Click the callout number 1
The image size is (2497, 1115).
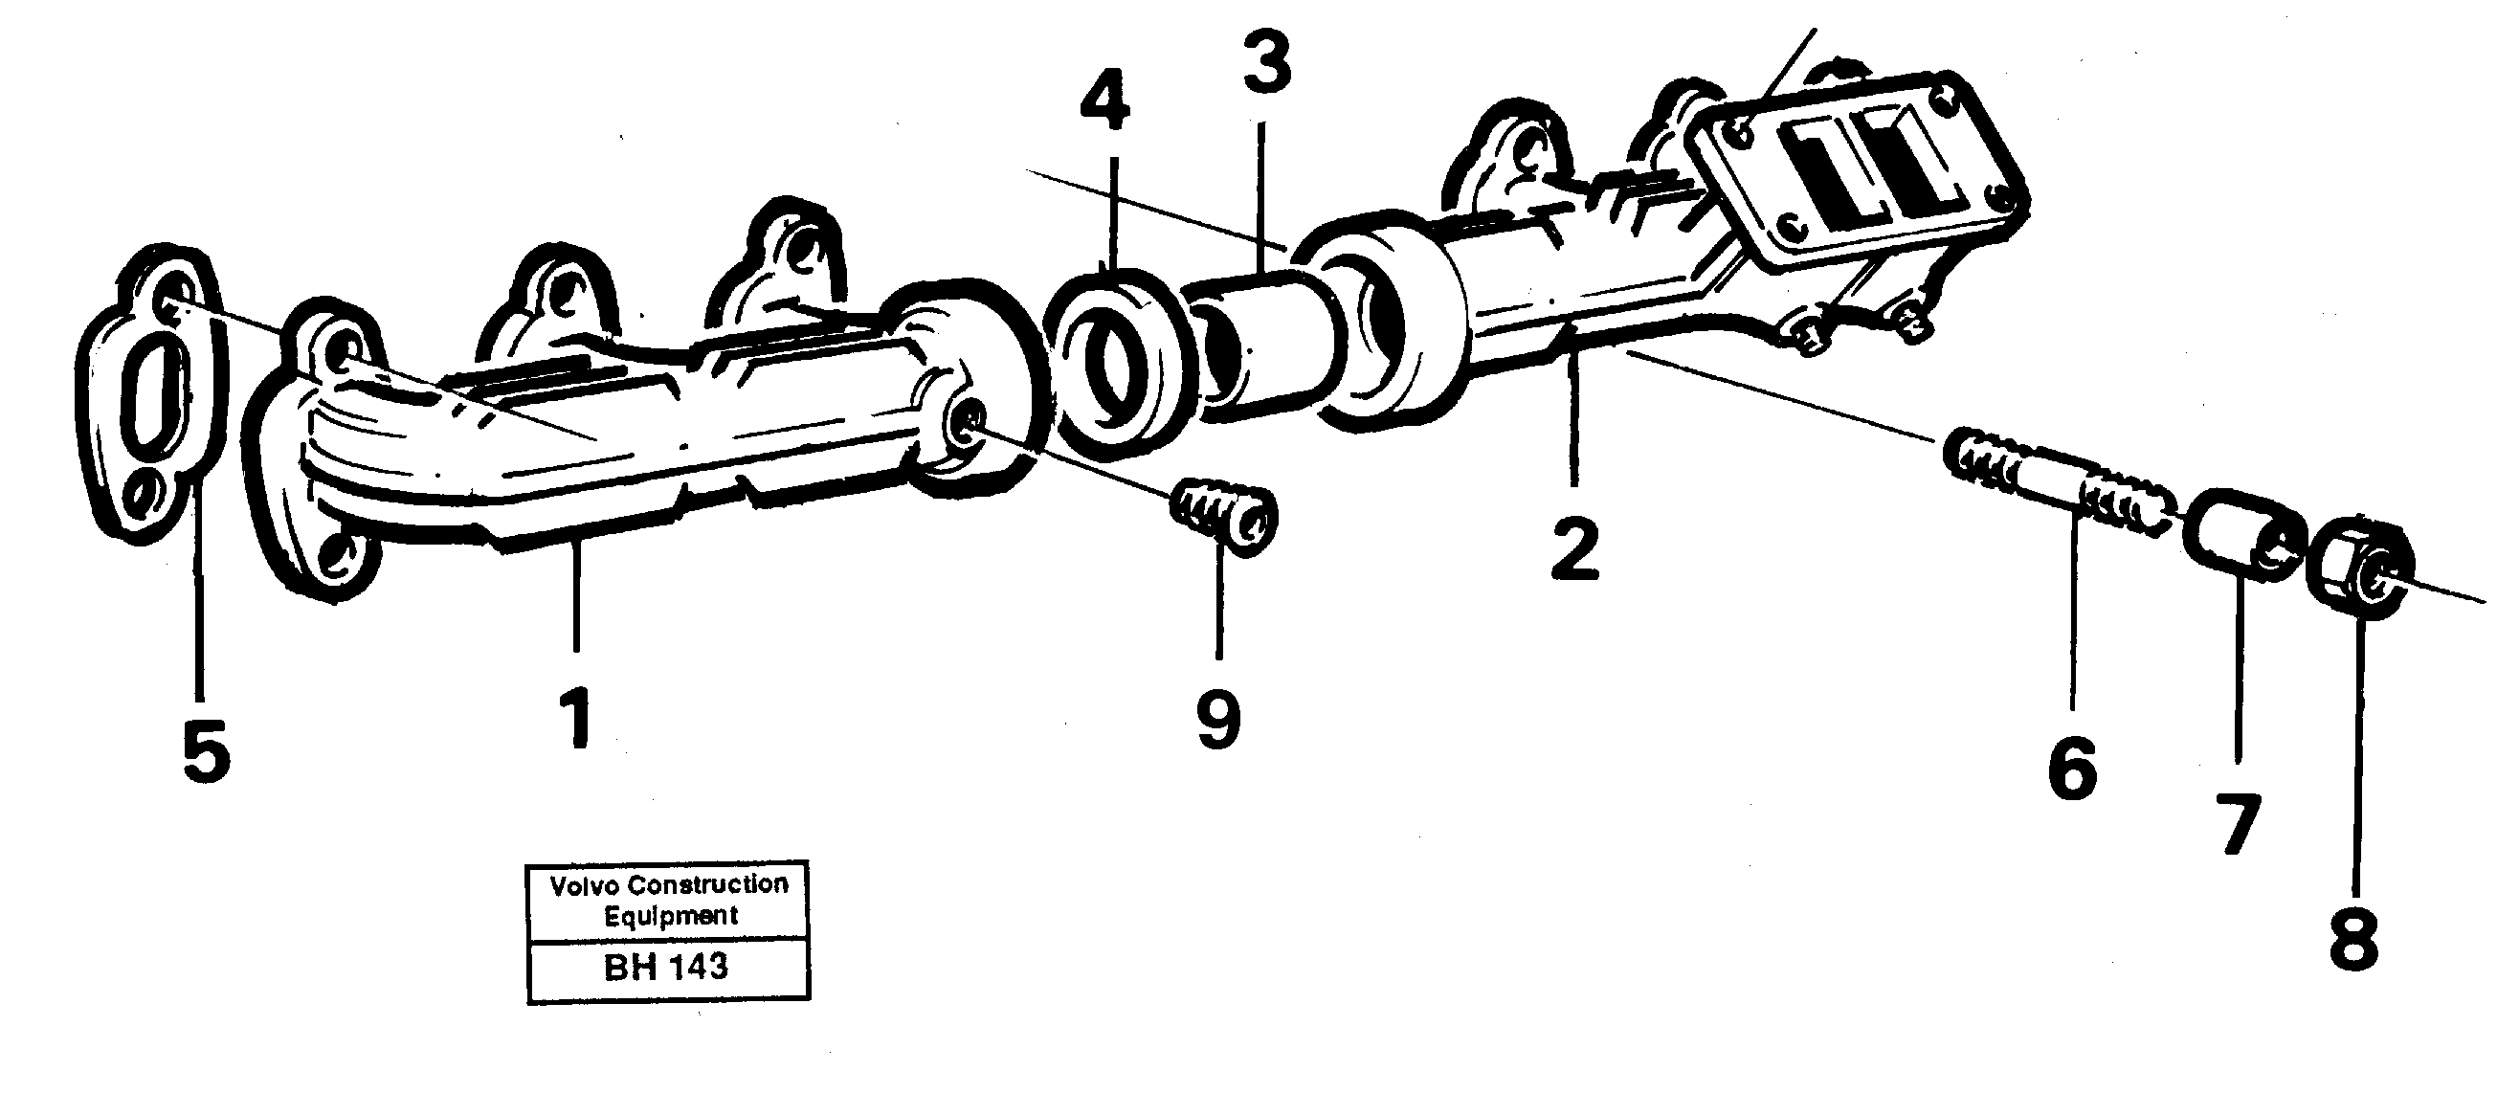coord(579,718)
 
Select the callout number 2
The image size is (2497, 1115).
coord(1574,548)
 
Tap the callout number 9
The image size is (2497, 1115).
coord(1218,720)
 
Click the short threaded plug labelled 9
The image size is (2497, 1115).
coord(1224,518)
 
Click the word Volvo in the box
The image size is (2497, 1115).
coord(585,884)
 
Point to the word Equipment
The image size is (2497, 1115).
coord(670,915)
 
